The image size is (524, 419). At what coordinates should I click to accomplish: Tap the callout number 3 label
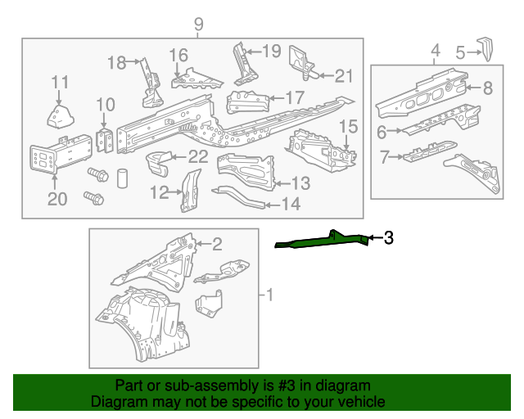[389, 239]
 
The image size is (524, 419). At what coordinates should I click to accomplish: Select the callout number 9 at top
[198, 25]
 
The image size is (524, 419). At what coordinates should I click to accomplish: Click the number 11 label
[60, 82]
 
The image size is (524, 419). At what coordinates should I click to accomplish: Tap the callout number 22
[198, 157]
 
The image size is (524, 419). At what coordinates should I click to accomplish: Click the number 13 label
[300, 183]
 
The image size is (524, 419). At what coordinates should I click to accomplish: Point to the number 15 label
[349, 127]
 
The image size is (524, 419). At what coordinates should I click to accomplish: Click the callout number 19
[271, 52]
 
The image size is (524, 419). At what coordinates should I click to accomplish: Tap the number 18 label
[117, 62]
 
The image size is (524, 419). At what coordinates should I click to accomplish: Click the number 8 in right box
[487, 88]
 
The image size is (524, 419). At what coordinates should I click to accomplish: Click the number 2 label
[217, 243]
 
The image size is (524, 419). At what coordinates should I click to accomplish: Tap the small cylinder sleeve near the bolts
[122, 178]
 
